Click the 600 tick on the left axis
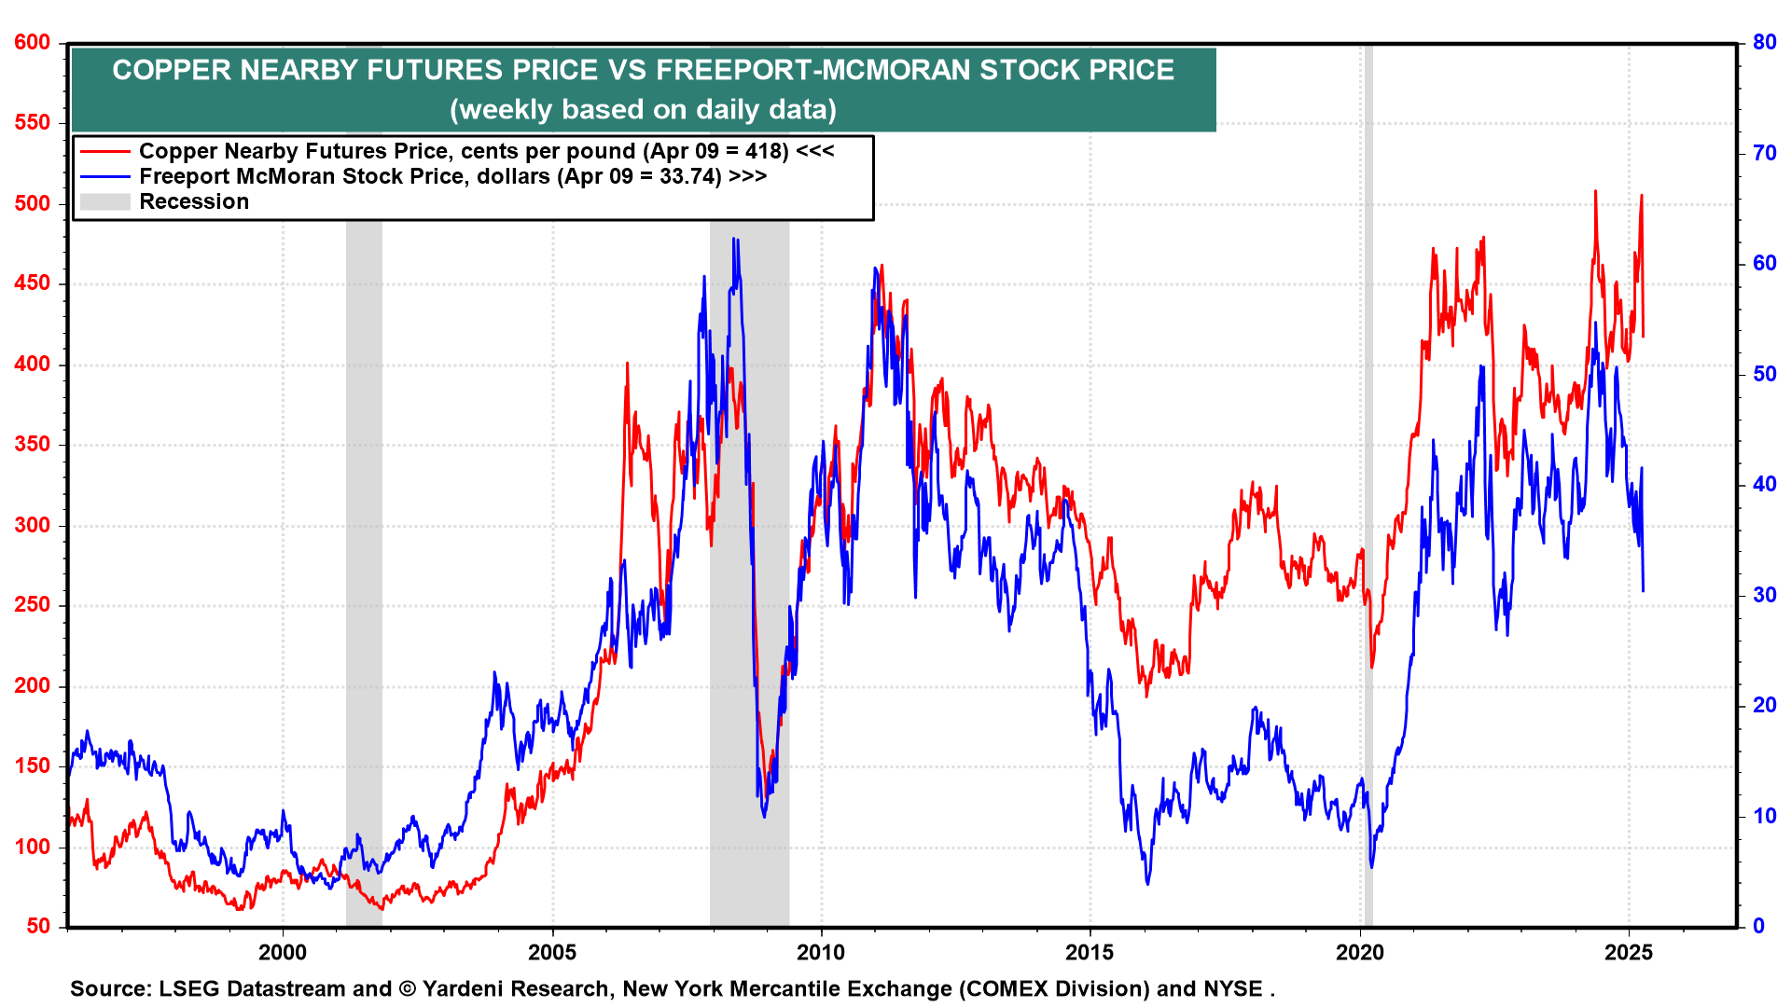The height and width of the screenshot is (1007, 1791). point(32,43)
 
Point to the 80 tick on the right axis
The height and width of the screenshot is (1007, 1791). point(1764,43)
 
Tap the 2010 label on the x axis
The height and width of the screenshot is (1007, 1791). point(821,952)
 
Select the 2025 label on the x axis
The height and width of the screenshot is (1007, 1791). point(1629,952)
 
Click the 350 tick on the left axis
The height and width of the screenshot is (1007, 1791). point(32,445)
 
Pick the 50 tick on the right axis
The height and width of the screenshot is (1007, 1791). point(1764,374)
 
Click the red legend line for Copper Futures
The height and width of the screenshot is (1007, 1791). point(104,151)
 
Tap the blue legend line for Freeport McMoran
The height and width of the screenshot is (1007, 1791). point(104,176)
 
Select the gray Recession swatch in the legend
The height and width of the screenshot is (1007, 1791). point(104,201)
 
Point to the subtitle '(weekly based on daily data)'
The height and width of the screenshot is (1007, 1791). point(643,110)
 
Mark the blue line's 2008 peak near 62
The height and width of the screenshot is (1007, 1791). point(735,240)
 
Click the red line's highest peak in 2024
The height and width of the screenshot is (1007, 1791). point(1595,192)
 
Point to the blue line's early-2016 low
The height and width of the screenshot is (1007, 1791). point(1147,882)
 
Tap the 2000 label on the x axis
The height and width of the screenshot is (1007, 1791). point(283,952)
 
